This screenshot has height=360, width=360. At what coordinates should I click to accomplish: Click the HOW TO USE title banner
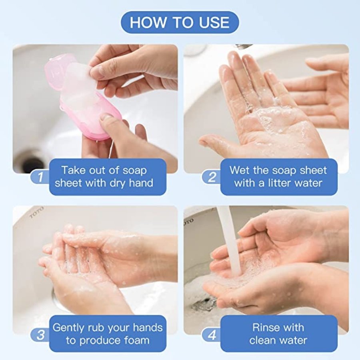pos(180,22)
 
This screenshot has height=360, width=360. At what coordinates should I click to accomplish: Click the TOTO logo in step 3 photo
pos(36,212)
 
